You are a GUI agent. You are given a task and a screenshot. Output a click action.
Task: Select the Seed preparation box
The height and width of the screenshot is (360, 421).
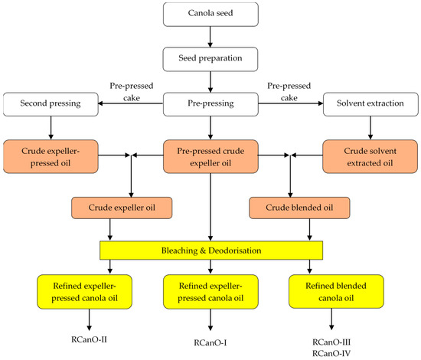point(210,58)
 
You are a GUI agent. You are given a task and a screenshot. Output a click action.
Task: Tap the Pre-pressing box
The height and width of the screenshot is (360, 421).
point(210,101)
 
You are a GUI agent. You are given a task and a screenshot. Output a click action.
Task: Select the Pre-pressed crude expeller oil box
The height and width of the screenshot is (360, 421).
point(210,157)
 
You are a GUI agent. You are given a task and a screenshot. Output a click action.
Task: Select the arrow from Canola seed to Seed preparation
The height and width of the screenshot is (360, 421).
point(210,37)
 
